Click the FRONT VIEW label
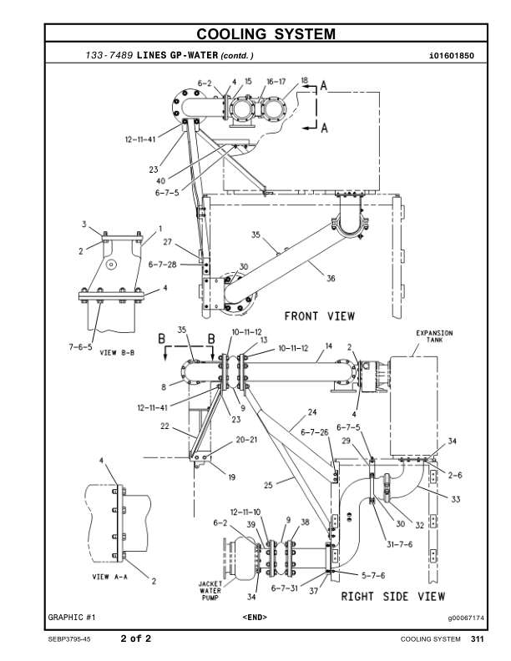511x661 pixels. (x=319, y=316)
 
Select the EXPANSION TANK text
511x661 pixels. (x=434, y=336)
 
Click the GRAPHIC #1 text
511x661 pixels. (x=72, y=618)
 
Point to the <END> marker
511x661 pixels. (x=255, y=618)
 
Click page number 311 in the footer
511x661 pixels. (x=477, y=639)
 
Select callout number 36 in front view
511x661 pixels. (x=331, y=279)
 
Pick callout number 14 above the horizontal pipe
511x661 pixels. (x=328, y=346)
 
